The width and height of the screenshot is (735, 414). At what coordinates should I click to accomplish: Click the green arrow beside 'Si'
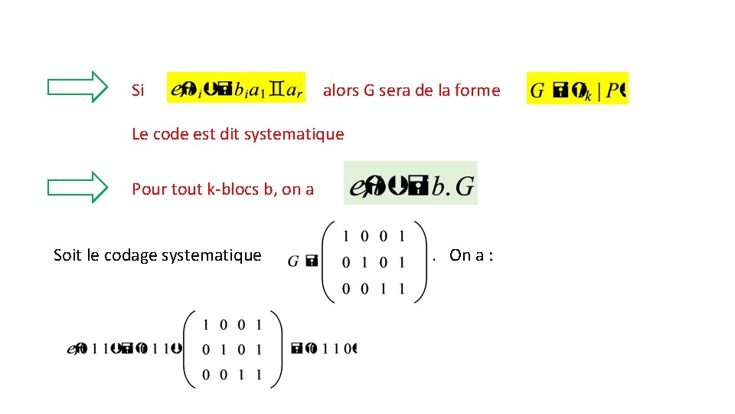click(x=78, y=87)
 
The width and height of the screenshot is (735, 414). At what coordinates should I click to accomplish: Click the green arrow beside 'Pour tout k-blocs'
click(x=78, y=186)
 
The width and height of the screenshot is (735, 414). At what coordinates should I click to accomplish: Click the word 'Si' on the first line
click(x=138, y=90)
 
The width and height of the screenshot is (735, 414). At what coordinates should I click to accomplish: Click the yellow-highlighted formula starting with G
click(x=577, y=89)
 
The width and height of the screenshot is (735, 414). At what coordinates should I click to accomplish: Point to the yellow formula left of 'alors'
click(x=236, y=89)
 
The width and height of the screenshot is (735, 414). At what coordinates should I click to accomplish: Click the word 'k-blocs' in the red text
click(x=233, y=189)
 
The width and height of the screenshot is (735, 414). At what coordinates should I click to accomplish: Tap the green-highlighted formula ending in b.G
click(x=411, y=184)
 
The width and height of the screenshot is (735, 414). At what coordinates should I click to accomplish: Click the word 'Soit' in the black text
click(x=68, y=255)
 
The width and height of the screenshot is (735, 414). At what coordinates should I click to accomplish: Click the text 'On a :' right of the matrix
click(x=471, y=255)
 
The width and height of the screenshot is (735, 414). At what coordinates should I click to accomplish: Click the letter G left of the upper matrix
click(x=293, y=262)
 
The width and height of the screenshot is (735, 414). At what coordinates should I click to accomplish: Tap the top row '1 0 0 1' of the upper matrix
click(x=373, y=235)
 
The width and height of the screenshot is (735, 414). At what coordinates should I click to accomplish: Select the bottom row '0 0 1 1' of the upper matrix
click(x=373, y=290)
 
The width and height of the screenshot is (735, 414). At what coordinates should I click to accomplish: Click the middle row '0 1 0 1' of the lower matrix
click(x=231, y=350)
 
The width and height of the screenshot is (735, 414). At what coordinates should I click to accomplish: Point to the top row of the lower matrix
click(x=231, y=324)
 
